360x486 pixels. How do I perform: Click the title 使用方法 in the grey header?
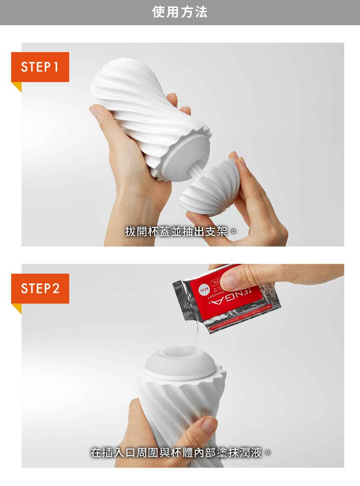(x=180, y=12)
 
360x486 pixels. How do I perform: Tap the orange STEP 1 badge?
(x=40, y=67)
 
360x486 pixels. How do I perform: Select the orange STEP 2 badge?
(x=40, y=288)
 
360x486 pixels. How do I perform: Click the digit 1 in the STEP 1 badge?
(x=56, y=67)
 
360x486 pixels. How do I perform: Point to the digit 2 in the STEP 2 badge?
(x=56, y=288)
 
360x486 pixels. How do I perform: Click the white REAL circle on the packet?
(x=204, y=289)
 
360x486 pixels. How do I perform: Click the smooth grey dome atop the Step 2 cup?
(x=180, y=362)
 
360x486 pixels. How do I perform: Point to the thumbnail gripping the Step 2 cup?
(x=209, y=425)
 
